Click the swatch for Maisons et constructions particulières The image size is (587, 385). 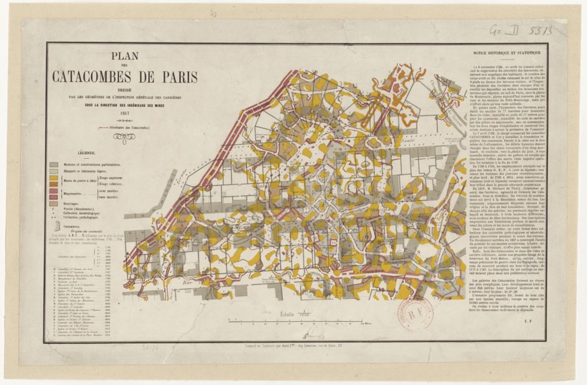[x=55, y=165]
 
